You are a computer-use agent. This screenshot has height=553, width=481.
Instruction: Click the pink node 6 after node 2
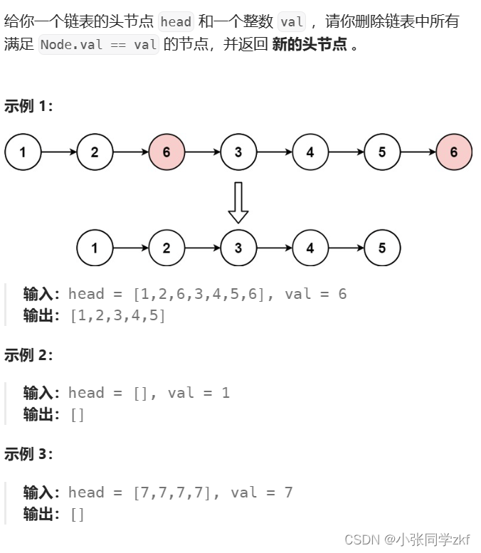(166, 152)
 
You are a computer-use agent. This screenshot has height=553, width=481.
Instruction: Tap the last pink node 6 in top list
(454, 152)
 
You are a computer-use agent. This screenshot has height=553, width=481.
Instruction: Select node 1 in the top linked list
(23, 152)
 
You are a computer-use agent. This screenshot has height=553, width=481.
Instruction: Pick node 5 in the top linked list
(382, 152)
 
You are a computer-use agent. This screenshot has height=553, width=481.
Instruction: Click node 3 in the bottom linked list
(238, 248)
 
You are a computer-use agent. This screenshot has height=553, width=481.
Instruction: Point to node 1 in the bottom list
(95, 248)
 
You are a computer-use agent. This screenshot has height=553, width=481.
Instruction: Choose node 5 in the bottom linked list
(382, 248)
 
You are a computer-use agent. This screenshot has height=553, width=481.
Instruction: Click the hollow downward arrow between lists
(238, 202)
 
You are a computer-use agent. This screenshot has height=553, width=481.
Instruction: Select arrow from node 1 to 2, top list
(59, 152)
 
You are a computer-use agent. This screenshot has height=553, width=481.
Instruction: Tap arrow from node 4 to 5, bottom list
(346, 248)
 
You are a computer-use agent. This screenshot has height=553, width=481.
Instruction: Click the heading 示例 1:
(28, 107)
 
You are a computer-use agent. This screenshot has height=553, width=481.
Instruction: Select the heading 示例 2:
(28, 354)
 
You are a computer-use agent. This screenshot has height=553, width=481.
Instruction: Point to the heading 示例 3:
(28, 454)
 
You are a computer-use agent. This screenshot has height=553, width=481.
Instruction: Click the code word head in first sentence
(176, 21)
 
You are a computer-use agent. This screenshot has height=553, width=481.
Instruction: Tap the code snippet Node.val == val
(99, 45)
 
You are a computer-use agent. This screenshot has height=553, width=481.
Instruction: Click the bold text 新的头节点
(310, 45)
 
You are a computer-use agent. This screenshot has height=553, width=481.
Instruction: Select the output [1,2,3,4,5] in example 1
(118, 315)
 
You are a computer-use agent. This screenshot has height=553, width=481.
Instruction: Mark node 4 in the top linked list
(310, 152)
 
